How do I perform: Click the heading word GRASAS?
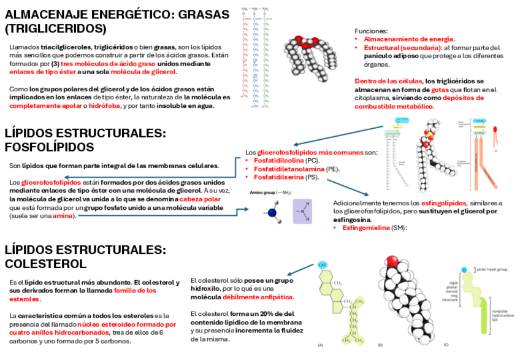pos(202,14)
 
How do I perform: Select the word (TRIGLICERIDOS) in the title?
pos(55,28)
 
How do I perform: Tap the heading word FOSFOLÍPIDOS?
pos(49,147)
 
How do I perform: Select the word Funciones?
pos(371,30)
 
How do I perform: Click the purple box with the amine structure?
pos(307,211)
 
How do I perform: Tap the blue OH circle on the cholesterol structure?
pos(323,265)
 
